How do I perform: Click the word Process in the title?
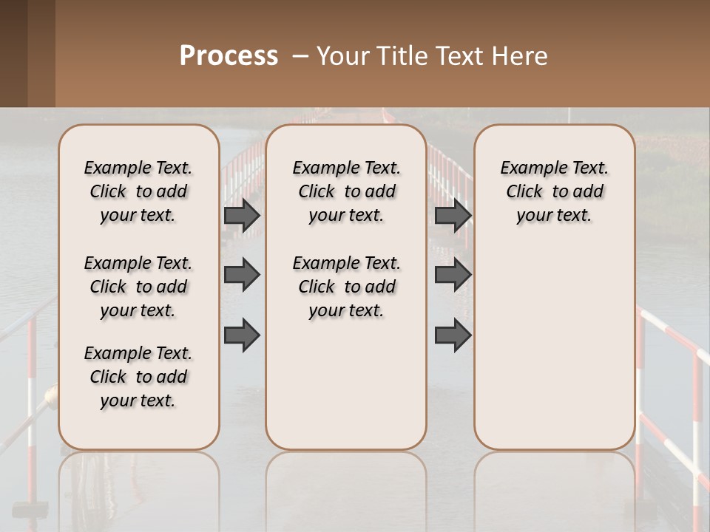(x=229, y=56)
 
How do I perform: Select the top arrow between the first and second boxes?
(x=242, y=215)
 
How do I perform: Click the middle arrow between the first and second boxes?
(x=242, y=275)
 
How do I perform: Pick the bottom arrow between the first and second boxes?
(x=242, y=335)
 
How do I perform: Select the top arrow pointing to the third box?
(x=453, y=215)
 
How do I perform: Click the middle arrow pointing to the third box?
(x=453, y=275)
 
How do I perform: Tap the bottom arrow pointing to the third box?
(x=453, y=335)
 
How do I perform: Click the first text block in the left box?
(x=138, y=191)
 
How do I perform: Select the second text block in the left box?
(x=138, y=287)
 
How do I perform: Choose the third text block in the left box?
(x=138, y=377)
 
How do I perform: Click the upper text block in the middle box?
(x=346, y=191)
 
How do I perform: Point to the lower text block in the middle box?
(x=346, y=287)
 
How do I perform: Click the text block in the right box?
(x=554, y=191)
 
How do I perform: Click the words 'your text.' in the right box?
(x=554, y=216)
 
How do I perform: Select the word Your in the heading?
(x=342, y=56)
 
